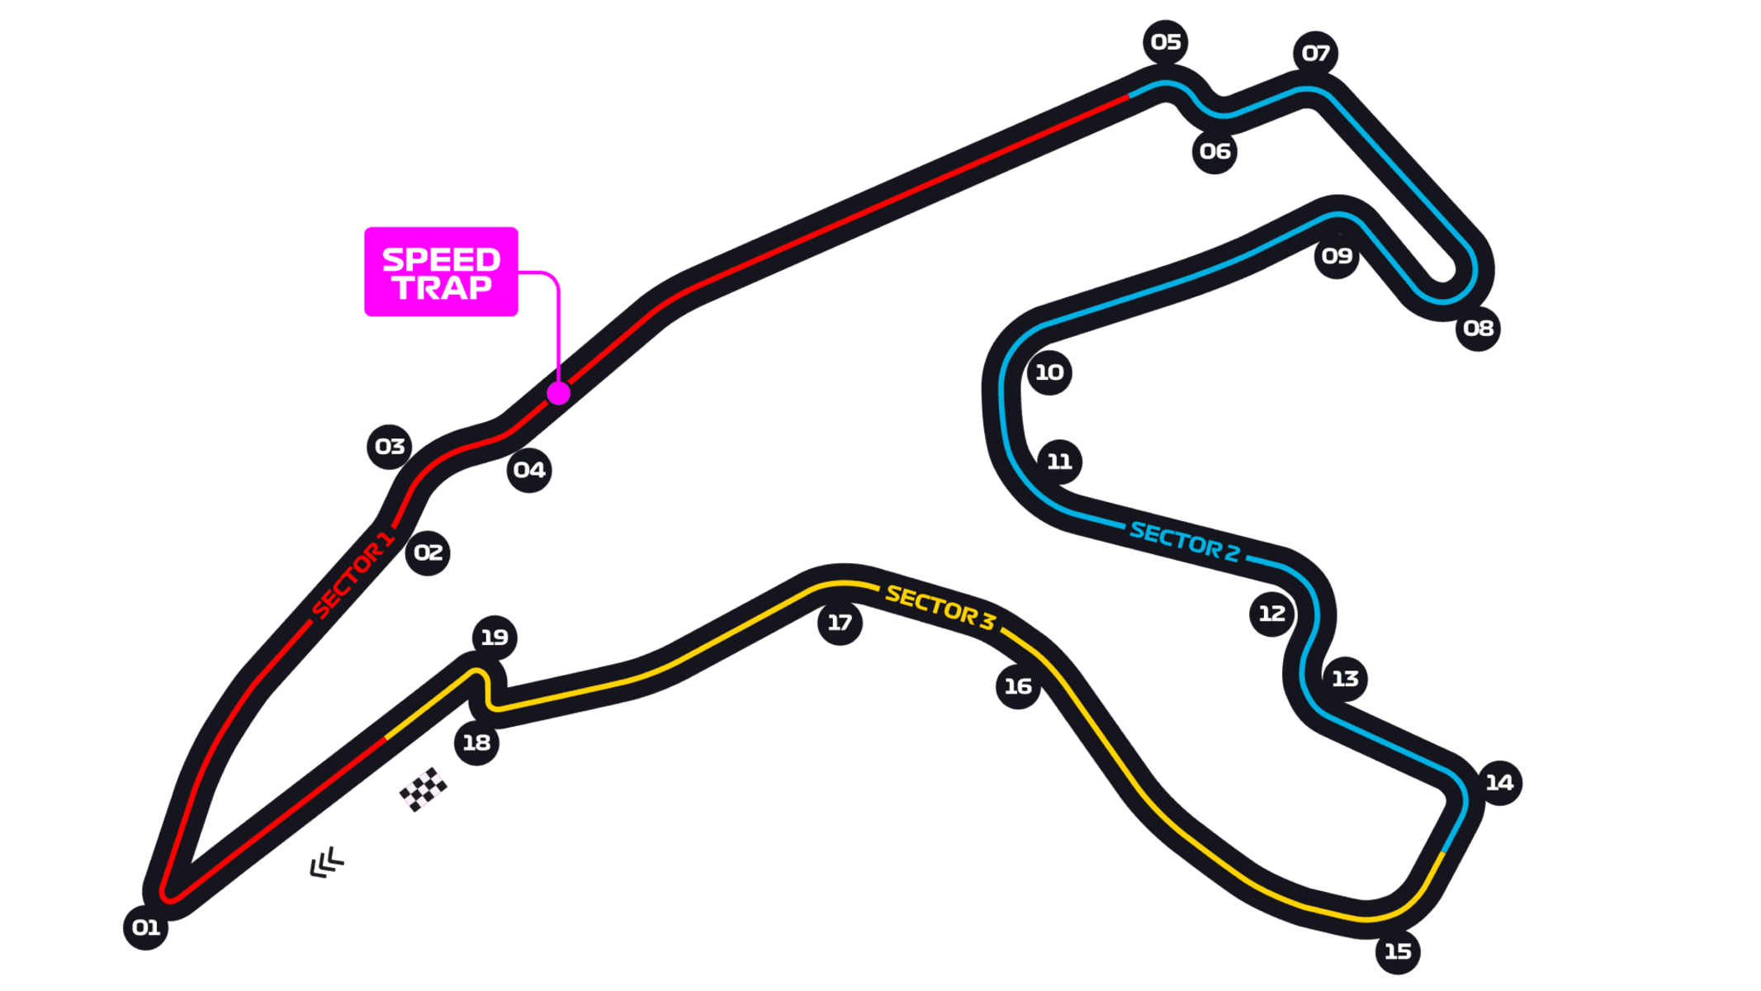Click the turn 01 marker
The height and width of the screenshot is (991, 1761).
pyautogui.click(x=145, y=927)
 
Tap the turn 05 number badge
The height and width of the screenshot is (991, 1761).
pyautogui.click(x=1166, y=42)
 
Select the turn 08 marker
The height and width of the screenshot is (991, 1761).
pyautogui.click(x=1478, y=329)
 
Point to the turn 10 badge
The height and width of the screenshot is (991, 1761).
pyautogui.click(x=1049, y=372)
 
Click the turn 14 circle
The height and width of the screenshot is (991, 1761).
pyautogui.click(x=1499, y=783)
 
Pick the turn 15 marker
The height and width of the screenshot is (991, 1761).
pyautogui.click(x=1398, y=951)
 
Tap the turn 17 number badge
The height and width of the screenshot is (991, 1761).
pyautogui.click(x=840, y=623)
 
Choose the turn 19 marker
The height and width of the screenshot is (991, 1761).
pyautogui.click(x=495, y=638)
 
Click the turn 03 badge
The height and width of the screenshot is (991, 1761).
pyautogui.click(x=390, y=447)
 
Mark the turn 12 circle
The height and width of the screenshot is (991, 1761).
pyautogui.click(x=1272, y=614)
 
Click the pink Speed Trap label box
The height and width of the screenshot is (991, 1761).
pyautogui.click(x=441, y=272)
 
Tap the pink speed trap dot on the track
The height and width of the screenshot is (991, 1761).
pyautogui.click(x=559, y=393)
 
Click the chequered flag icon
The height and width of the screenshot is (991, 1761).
pyautogui.click(x=424, y=789)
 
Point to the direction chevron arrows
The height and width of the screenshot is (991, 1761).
pyautogui.click(x=327, y=862)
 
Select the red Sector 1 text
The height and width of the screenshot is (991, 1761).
pyautogui.click(x=353, y=576)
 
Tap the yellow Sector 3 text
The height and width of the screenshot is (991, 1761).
pyautogui.click(x=940, y=607)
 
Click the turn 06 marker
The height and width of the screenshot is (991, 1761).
pyautogui.click(x=1214, y=151)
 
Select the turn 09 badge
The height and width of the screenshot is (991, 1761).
pyautogui.click(x=1337, y=256)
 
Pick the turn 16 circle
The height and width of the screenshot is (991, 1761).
pyautogui.click(x=1018, y=686)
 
